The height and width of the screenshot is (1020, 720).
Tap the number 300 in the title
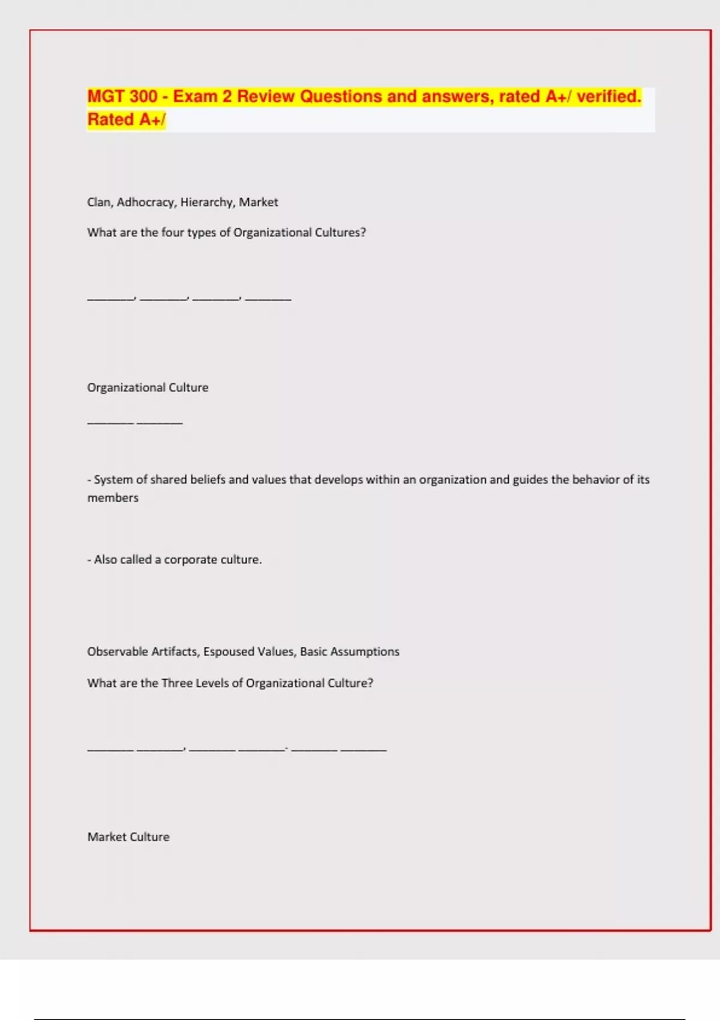(x=143, y=97)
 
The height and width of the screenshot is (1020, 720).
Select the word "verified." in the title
(x=608, y=97)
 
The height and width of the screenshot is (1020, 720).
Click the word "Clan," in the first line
(x=100, y=202)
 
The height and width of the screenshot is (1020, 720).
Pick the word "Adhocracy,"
(x=146, y=202)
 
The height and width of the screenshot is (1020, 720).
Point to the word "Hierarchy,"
(x=208, y=202)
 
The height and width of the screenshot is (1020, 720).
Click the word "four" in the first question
(x=173, y=233)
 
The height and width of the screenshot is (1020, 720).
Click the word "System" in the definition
(x=113, y=479)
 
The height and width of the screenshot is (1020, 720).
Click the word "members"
(x=113, y=498)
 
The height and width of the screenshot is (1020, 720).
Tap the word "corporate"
(x=191, y=560)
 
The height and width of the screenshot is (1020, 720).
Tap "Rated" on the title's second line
(x=111, y=120)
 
